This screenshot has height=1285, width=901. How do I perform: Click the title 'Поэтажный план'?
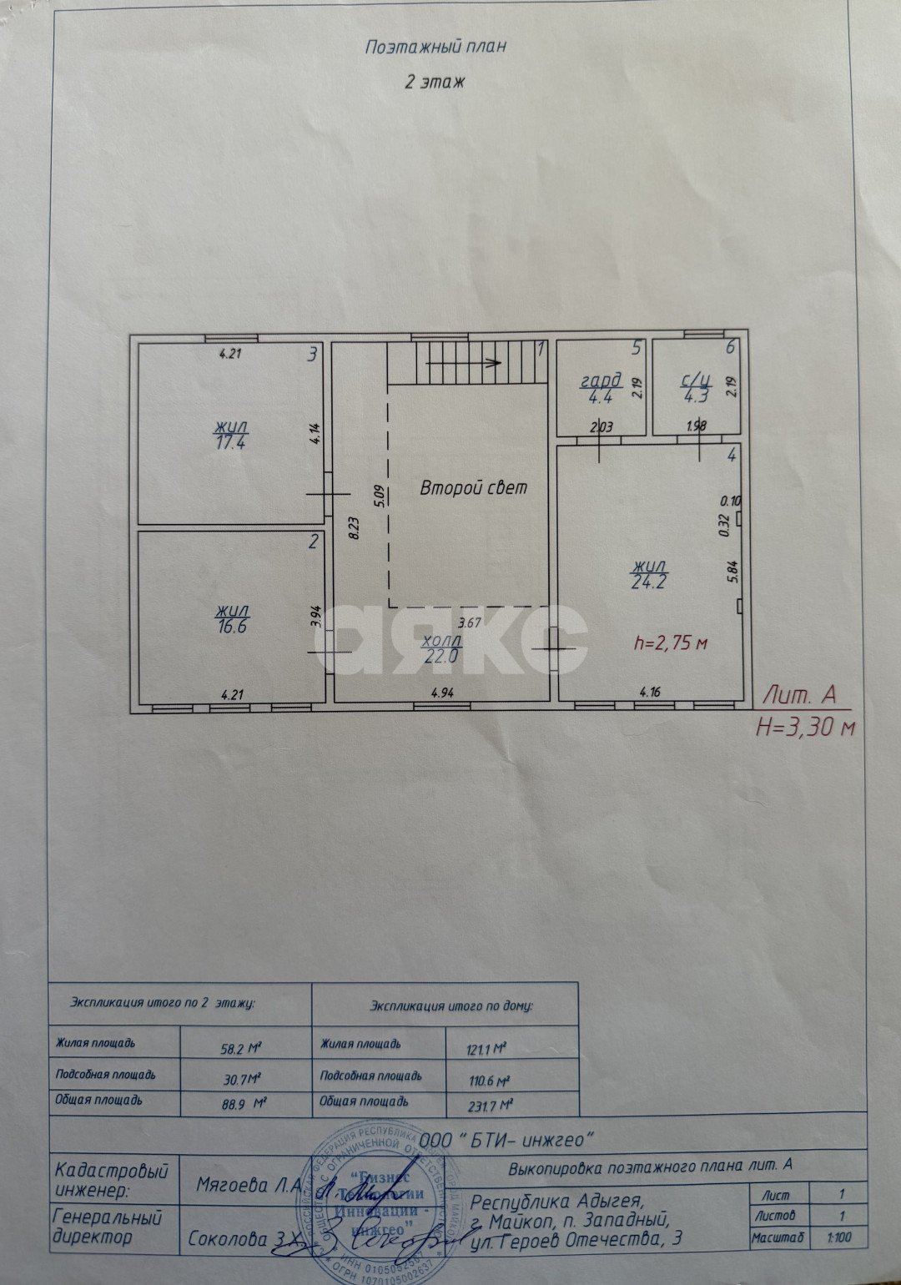point(435,47)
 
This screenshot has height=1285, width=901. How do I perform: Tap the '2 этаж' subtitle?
point(434,82)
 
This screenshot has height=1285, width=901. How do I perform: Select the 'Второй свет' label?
point(473,488)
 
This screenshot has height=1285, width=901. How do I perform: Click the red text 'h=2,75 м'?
point(671,643)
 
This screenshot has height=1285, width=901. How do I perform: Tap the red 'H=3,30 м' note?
point(806,727)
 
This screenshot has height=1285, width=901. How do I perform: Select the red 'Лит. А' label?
point(799,695)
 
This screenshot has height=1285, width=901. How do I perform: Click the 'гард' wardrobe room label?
point(601,383)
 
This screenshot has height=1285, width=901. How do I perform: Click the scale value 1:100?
point(840,1238)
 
